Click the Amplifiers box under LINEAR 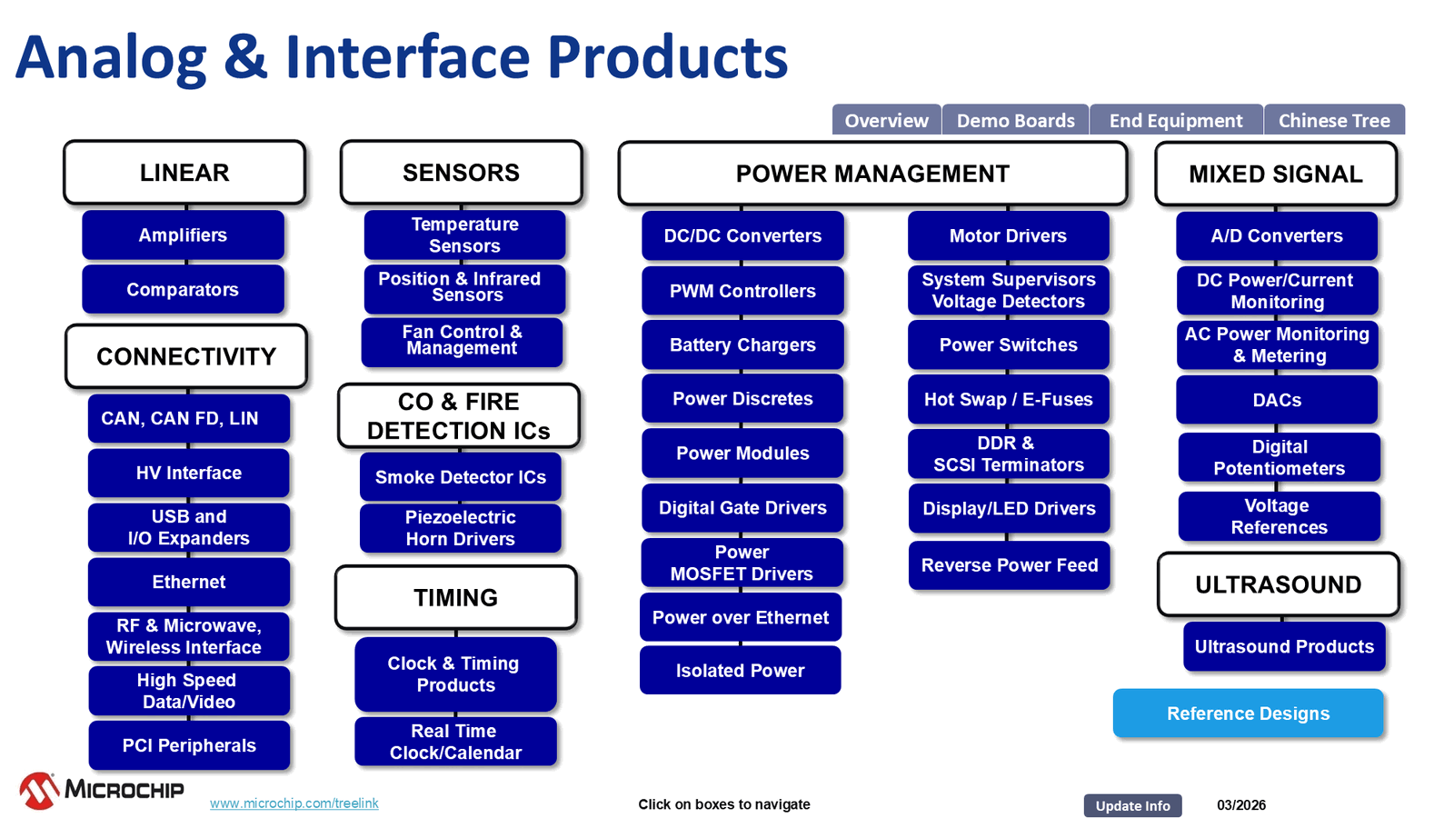[x=183, y=235]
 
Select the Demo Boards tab [x=1015, y=121]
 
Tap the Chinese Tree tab [x=1333, y=121]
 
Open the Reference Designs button [x=1248, y=713]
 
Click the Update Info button [x=1132, y=805]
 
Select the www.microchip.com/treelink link [x=294, y=803]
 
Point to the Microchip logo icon [x=39, y=790]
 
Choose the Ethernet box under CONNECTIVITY [x=189, y=582]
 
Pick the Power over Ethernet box [x=741, y=618]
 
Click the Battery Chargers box [x=742, y=345]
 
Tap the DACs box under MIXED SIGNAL [x=1277, y=400]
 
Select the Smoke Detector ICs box [x=461, y=477]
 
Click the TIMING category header [x=456, y=598]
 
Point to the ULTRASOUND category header [x=1278, y=584]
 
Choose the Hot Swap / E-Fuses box [x=1008, y=400]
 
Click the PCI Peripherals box [x=189, y=745]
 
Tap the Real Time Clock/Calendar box [x=455, y=742]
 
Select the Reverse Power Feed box [x=1010, y=565]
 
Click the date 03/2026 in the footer [x=1240, y=805]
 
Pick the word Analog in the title [x=111, y=57]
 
